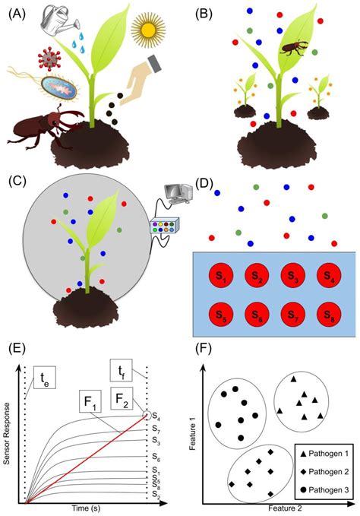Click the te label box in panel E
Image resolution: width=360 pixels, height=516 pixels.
pyautogui.click(x=44, y=376)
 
